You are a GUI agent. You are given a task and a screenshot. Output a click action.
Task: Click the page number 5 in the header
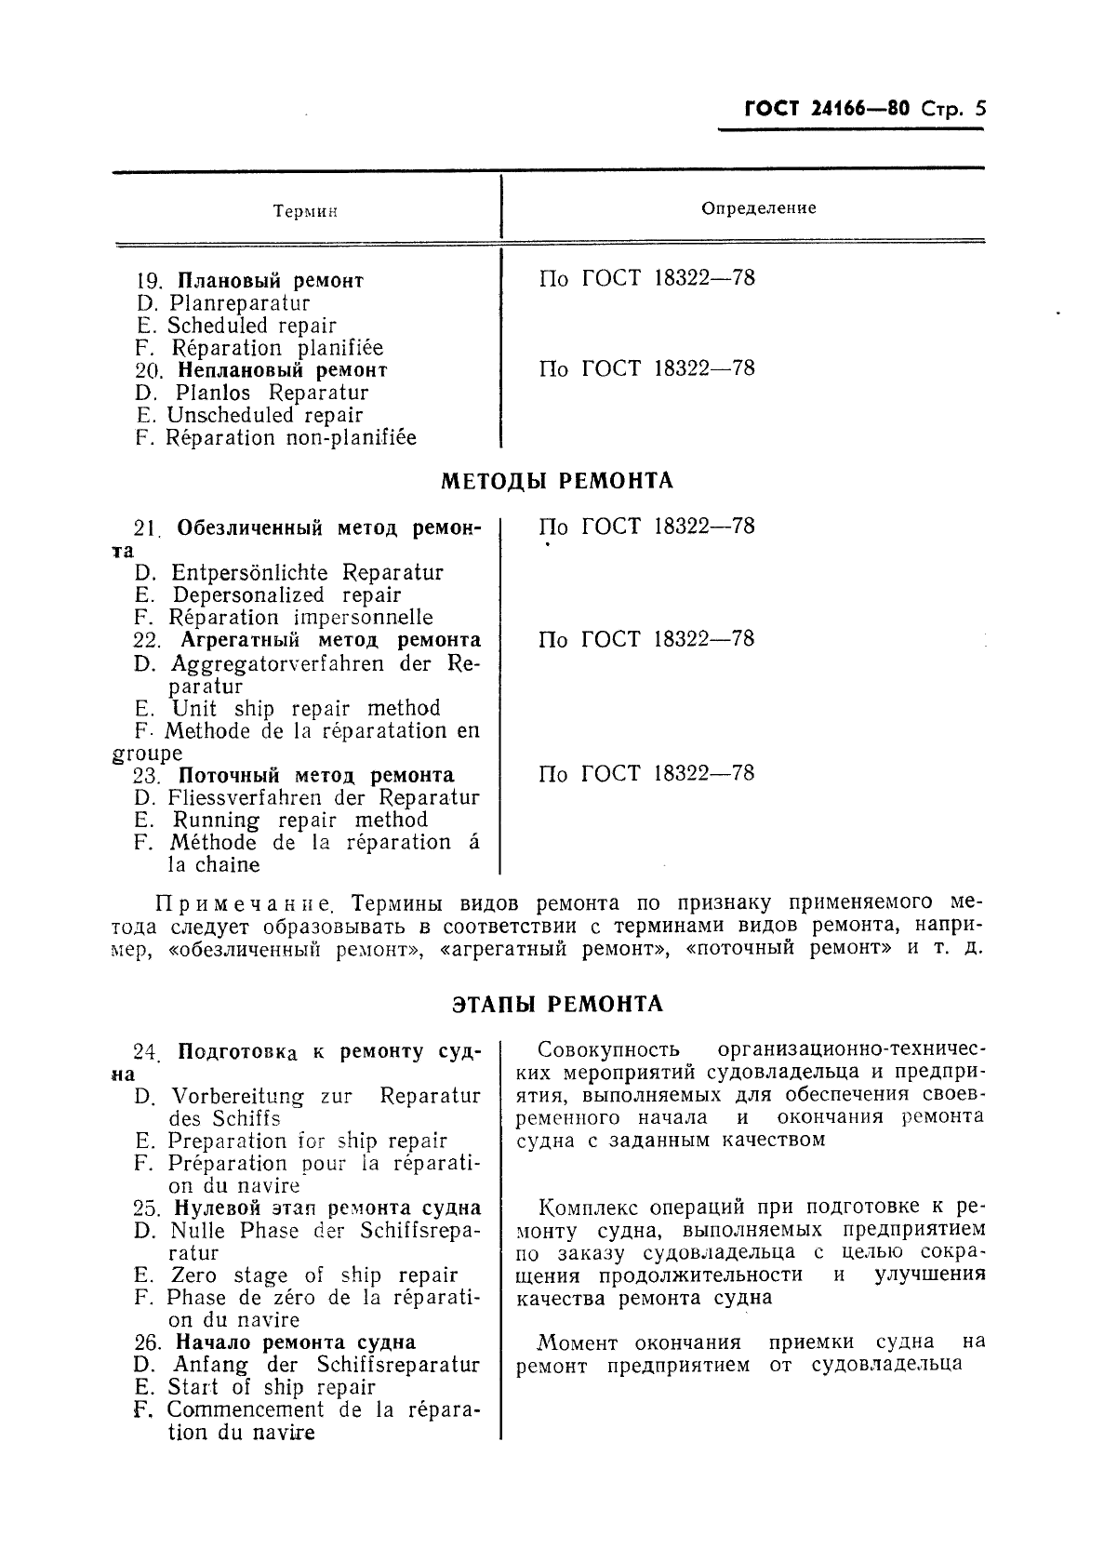[x=979, y=109]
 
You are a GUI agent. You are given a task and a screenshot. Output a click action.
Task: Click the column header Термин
[x=305, y=211]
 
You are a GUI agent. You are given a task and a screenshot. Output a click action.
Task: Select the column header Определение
[x=758, y=207]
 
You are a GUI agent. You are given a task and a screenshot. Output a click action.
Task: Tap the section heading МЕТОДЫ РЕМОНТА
[x=556, y=481]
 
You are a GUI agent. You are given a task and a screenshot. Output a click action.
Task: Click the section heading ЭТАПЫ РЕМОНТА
[x=557, y=1004]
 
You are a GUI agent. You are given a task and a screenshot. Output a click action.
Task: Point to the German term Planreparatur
[x=239, y=303]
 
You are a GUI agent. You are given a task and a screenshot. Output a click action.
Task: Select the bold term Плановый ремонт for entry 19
[x=270, y=280]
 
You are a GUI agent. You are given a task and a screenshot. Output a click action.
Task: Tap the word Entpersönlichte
[x=249, y=572]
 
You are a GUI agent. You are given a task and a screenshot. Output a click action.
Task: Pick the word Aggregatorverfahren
[x=277, y=663]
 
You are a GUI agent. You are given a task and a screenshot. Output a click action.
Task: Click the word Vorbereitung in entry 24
[x=238, y=1096]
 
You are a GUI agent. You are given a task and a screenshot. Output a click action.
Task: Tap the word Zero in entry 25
[x=193, y=1275]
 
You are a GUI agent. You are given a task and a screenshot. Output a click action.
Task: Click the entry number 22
[x=147, y=640]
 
